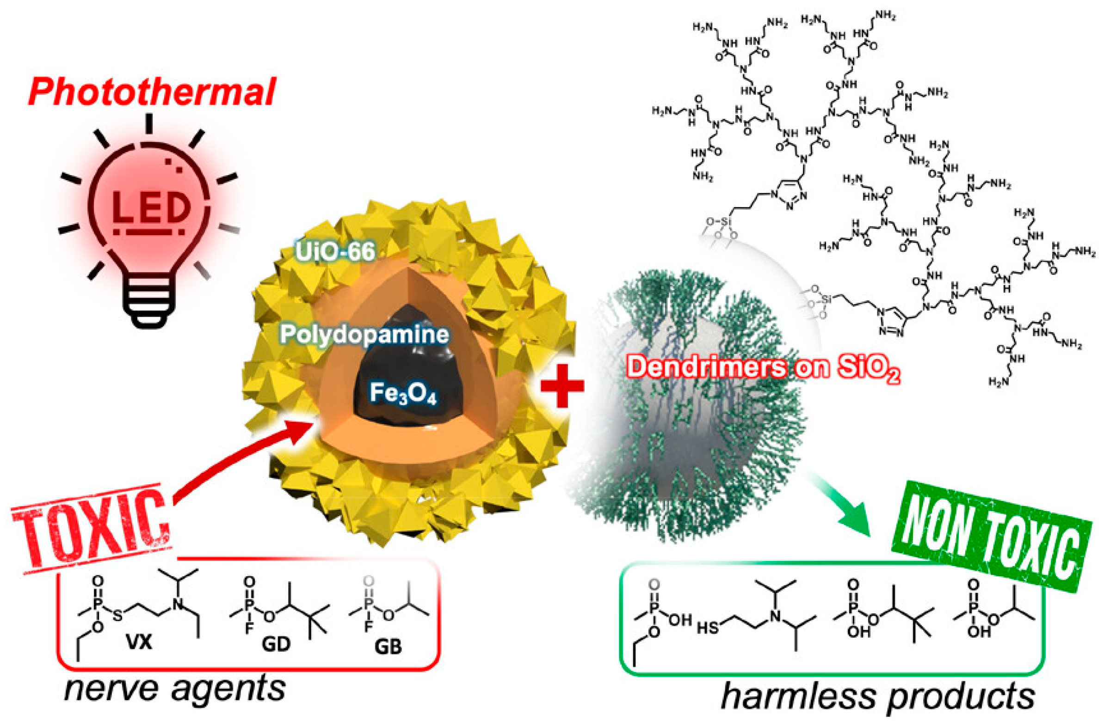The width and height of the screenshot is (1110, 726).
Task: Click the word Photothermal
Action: coord(152,92)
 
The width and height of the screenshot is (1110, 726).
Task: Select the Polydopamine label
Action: coord(364,335)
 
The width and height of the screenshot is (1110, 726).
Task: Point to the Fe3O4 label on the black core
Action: coord(403,393)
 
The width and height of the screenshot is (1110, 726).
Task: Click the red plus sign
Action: coord(561,385)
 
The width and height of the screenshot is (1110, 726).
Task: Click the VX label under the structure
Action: coord(139,643)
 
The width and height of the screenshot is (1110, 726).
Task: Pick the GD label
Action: coord(276,645)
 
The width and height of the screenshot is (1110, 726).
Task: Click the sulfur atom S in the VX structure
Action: coord(117,616)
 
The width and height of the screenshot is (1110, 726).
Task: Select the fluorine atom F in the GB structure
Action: coord(368,626)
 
